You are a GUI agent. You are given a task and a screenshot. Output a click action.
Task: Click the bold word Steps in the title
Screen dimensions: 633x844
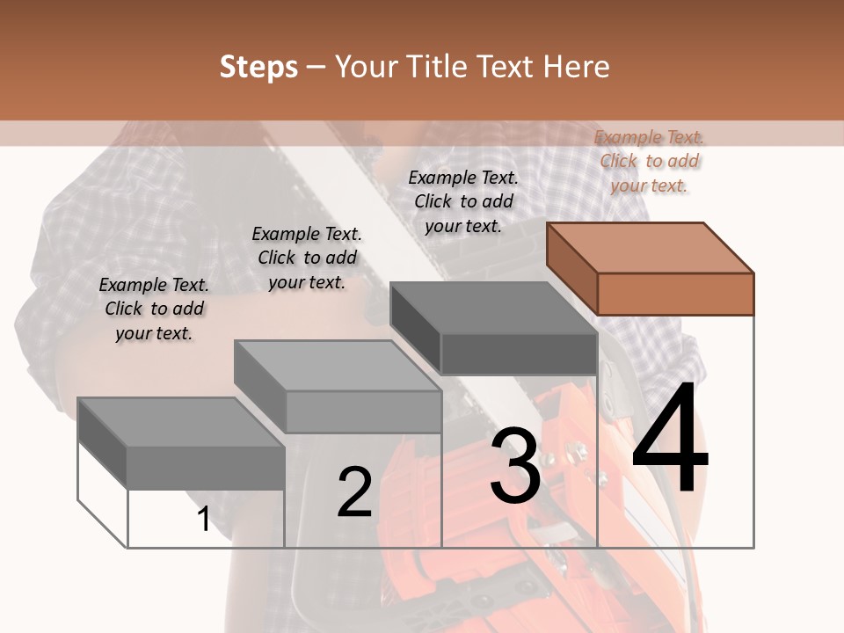(x=258, y=68)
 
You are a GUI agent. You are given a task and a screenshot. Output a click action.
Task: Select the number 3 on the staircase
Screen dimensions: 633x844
(x=515, y=466)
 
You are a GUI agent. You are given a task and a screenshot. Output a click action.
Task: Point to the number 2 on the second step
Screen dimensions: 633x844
(x=354, y=492)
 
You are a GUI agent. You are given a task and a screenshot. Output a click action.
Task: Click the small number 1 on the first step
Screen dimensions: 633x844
(x=204, y=519)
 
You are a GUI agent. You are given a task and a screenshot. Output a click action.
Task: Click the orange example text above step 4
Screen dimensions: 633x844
(x=650, y=161)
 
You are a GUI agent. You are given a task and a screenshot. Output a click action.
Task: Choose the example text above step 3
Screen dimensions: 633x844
(x=463, y=201)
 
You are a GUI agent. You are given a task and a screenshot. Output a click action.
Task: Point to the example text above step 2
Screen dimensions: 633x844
(x=307, y=258)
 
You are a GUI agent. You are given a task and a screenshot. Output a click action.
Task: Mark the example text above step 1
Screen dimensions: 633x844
(x=154, y=309)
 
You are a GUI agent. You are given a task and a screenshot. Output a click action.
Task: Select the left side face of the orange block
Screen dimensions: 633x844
(x=572, y=269)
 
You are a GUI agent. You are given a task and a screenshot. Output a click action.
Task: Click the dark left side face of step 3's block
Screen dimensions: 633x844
(x=416, y=326)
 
